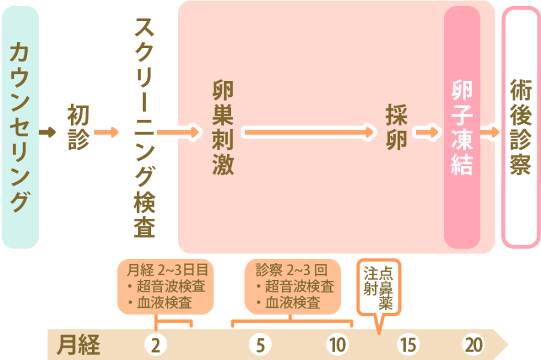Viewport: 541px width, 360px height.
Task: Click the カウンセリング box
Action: pyautogui.click(x=20, y=127)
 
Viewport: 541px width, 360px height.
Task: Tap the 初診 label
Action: pyautogui.click(x=78, y=127)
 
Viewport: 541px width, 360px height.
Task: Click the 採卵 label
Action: pyautogui.click(x=397, y=127)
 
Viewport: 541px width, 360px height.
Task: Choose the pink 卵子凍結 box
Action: pyautogui.click(x=462, y=127)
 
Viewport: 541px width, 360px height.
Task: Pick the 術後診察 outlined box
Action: pyautogui.click(x=521, y=127)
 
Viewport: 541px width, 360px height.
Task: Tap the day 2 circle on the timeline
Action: pyautogui.click(x=155, y=345)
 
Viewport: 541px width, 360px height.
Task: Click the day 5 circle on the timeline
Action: pyautogui.click(x=260, y=345)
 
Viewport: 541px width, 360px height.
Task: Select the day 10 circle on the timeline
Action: pyautogui.click(x=337, y=345)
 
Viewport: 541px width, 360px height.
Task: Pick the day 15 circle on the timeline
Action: pyautogui.click(x=407, y=345)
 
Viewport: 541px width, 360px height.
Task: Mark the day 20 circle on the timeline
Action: pyautogui.click(x=473, y=345)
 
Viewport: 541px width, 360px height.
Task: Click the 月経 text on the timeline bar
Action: pyautogui.click(x=79, y=345)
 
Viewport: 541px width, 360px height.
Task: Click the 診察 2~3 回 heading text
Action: pyautogui.click(x=293, y=269)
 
